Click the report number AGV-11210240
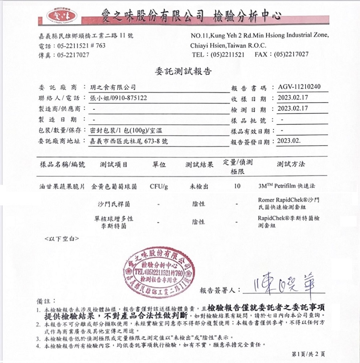coord(299,87)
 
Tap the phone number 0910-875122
coord(129,98)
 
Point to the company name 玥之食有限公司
coord(113,87)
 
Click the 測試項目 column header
coord(114,164)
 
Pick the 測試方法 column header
coord(291,164)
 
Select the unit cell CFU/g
coord(159,187)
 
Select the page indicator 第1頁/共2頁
coord(308,354)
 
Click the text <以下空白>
coord(61,239)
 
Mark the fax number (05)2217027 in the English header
coord(291,54)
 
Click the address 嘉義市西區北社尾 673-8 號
coord(130,141)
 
